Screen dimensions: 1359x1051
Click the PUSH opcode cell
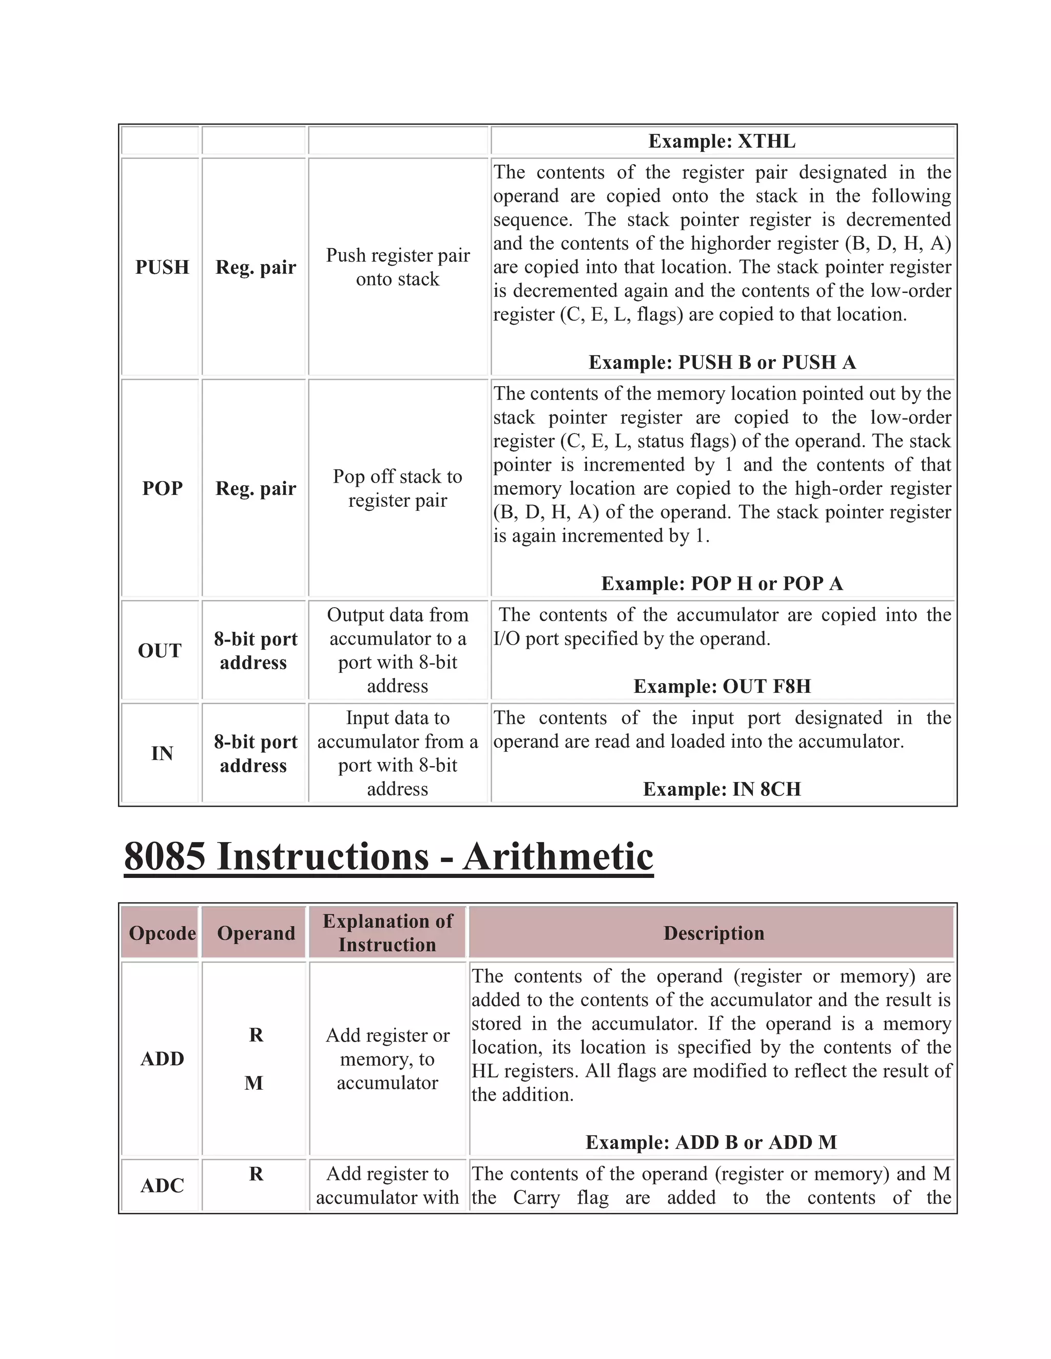162,267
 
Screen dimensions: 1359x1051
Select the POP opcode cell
162,488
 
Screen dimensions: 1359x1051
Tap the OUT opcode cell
160,651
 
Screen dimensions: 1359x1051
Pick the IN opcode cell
162,753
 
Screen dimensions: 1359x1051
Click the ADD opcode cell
162,1058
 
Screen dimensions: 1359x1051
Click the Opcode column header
162,933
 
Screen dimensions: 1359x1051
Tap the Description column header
713,933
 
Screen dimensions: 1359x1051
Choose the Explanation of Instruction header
387,933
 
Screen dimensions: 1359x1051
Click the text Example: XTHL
722,141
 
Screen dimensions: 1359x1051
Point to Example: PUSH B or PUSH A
722,362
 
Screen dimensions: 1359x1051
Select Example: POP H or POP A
722,584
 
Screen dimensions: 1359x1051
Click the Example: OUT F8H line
722,686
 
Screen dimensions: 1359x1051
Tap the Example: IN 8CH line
722,789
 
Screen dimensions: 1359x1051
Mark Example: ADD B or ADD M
711,1143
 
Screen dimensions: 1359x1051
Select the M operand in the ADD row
254,1083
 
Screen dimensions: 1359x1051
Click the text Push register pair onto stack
398,267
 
